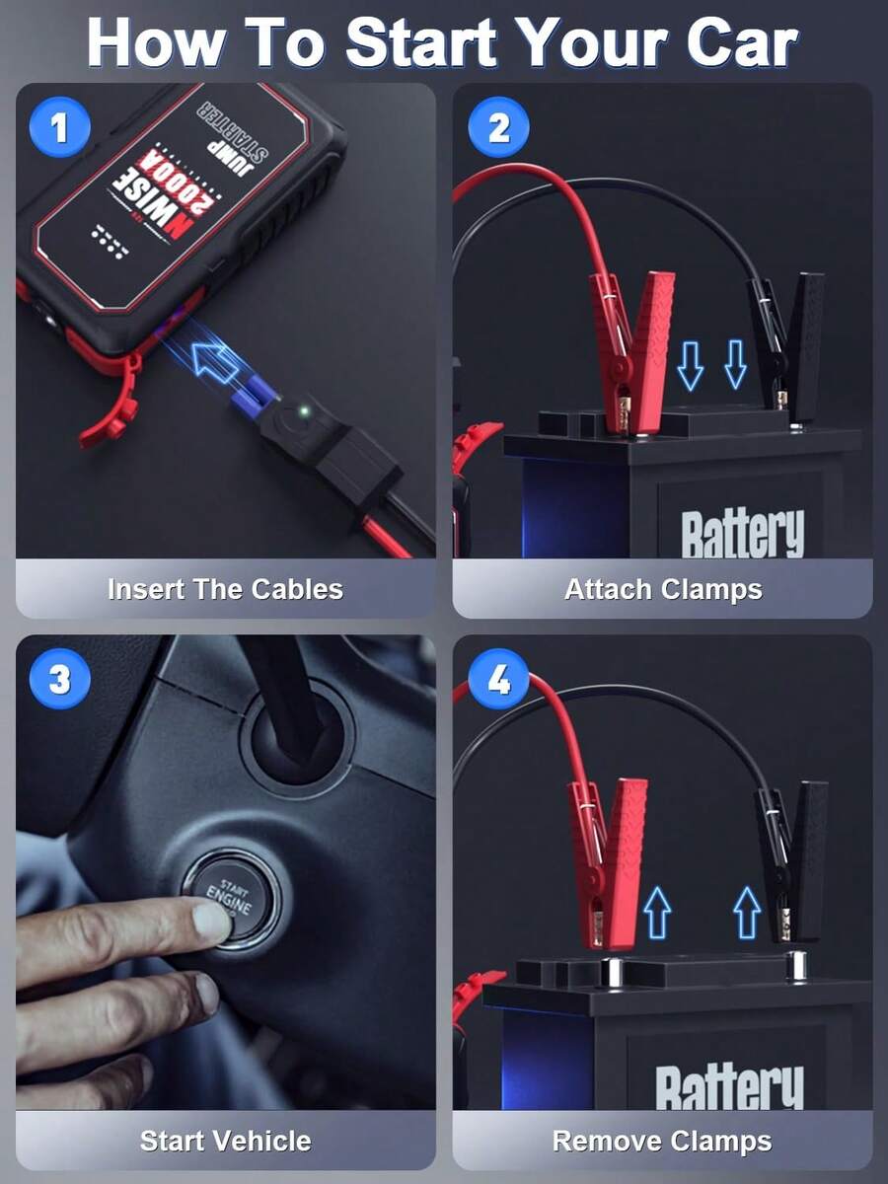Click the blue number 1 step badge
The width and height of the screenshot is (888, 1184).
click(59, 128)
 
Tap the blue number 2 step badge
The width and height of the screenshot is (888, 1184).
click(498, 128)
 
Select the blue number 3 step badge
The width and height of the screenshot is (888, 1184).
click(59, 680)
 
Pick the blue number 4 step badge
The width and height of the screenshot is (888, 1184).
click(498, 680)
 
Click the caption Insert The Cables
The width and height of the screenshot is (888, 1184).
click(225, 589)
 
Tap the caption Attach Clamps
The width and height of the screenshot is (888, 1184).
click(663, 589)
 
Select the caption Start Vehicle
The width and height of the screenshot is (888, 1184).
click(225, 1141)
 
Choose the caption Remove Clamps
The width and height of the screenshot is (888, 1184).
click(662, 1141)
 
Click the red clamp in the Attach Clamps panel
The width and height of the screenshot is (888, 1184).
click(631, 345)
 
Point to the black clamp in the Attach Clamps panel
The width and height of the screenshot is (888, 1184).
click(789, 340)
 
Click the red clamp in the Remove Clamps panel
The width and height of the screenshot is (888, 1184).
click(607, 853)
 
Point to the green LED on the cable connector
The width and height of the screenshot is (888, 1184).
click(305, 409)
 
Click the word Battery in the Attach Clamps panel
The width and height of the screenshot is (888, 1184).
click(742, 533)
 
